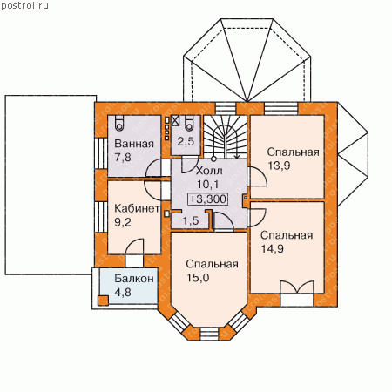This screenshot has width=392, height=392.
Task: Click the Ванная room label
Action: tap(134, 144)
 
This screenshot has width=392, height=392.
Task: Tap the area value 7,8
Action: tap(123, 158)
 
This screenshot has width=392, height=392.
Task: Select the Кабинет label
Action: tap(137, 208)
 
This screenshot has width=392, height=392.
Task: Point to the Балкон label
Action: tap(134, 279)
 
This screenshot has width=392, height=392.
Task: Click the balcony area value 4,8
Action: tap(123, 292)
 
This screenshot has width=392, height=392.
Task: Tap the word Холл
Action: tap(209, 171)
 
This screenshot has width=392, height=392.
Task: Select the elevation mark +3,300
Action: tap(208, 199)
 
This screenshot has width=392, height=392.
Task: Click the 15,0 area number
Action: tap(198, 278)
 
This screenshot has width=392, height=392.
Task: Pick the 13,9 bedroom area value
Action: tap(279, 166)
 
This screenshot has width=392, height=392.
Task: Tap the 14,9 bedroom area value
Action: tap(273, 249)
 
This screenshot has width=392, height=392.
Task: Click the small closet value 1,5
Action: tap(191, 220)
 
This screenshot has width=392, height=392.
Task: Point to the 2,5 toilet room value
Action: tap(186, 142)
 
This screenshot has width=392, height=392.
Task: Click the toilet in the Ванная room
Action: tap(119, 122)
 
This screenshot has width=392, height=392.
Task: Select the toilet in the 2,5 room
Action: tap(189, 122)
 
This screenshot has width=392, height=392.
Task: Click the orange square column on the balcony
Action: tap(103, 301)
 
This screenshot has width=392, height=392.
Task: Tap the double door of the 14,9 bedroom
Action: tap(297, 287)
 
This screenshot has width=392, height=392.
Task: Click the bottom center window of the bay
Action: tap(209, 334)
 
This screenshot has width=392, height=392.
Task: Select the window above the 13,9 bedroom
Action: tap(281, 108)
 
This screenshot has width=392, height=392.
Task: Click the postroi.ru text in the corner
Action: tap(25, 6)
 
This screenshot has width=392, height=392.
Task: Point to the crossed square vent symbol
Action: tap(175, 120)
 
